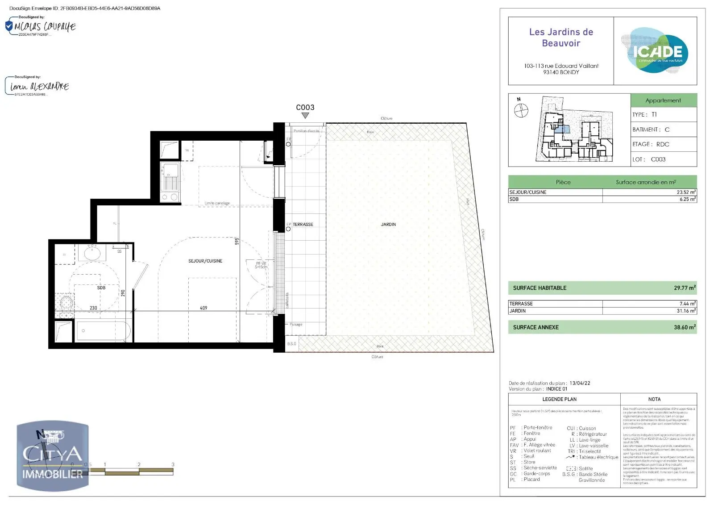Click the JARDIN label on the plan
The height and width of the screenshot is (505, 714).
click(x=388, y=225)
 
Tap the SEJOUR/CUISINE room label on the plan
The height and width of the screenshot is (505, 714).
click(x=205, y=261)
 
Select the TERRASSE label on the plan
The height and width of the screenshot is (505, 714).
click(x=303, y=225)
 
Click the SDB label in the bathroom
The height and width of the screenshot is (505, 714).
click(x=101, y=288)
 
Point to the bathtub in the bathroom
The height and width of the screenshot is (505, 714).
click(x=104, y=331)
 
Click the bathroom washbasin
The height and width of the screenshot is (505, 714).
click(x=92, y=254)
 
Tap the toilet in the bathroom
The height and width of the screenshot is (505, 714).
click(x=66, y=302)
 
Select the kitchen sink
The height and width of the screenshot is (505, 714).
click(x=170, y=177)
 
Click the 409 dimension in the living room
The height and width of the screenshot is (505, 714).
click(x=203, y=308)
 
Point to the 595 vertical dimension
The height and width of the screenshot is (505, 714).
click(x=237, y=241)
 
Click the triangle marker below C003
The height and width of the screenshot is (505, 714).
click(x=305, y=116)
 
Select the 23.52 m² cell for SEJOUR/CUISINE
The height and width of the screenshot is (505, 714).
click(x=686, y=192)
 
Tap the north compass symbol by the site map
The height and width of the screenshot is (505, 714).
click(x=521, y=110)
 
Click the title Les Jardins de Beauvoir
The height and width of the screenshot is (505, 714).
click(x=561, y=38)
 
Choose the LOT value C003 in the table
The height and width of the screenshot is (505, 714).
click(x=658, y=159)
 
